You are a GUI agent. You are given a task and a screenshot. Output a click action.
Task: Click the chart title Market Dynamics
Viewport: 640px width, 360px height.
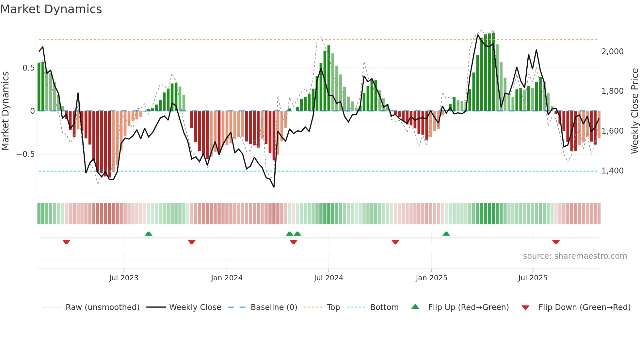[x=51, y=9]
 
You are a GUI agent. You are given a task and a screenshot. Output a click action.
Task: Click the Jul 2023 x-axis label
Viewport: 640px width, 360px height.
[x=124, y=278]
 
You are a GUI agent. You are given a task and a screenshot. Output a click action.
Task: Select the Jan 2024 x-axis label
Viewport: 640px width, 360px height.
[x=227, y=278]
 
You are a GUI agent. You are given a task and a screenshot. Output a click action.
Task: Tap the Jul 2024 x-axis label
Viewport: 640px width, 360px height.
[x=328, y=278]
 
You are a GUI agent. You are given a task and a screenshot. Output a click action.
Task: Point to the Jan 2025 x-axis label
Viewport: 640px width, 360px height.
[x=431, y=278]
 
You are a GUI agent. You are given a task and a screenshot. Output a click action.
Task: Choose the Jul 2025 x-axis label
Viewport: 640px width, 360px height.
[x=533, y=278]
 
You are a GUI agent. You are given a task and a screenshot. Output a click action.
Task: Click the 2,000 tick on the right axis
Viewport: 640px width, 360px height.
[x=612, y=52]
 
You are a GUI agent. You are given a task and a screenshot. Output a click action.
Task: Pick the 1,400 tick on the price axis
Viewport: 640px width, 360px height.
[x=612, y=171]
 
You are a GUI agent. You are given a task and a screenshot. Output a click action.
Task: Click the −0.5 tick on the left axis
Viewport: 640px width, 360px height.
[x=26, y=154]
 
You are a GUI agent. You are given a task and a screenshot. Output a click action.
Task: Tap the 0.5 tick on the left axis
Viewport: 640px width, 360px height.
[x=28, y=68]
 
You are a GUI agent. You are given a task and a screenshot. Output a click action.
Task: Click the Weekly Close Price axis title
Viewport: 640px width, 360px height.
[x=634, y=111]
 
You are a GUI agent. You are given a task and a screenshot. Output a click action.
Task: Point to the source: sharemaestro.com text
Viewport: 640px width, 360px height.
[x=575, y=256]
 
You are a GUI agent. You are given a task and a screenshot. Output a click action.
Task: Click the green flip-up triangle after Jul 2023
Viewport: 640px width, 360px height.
[x=149, y=234]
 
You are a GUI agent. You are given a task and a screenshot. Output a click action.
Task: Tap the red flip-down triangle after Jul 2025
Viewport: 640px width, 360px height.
[x=556, y=242]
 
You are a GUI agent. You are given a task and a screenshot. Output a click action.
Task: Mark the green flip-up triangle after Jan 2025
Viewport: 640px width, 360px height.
[x=446, y=234]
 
